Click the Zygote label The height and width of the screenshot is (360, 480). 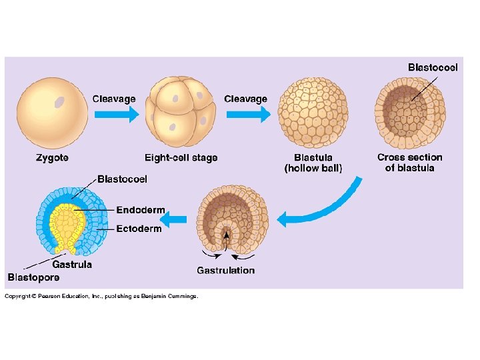tap(51, 158)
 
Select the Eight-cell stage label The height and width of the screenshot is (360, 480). tap(181, 158)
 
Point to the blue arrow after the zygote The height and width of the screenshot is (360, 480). tap(116, 114)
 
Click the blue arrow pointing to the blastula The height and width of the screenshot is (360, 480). tap(248, 114)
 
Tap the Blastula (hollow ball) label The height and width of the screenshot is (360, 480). tap(313, 163)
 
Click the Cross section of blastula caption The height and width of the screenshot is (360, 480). tap(409, 163)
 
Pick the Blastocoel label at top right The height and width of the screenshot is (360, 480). tap(433, 67)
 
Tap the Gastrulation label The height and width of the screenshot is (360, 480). tap(225, 270)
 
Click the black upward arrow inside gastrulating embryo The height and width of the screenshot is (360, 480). tap(227, 237)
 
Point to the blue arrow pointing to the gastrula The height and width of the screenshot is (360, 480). tap(175, 218)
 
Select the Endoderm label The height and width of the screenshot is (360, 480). tap(140, 210)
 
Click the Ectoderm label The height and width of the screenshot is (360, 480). tap(139, 229)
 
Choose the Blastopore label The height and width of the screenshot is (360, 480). tap(33, 277)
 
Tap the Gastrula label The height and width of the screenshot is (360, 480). tap(72, 264)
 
